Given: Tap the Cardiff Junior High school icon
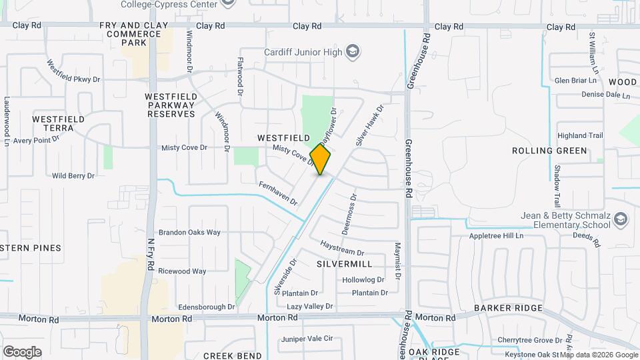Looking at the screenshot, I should pos(352,52).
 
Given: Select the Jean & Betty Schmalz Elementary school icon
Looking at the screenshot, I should pos(620,219).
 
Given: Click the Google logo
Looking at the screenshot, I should pos(22,351).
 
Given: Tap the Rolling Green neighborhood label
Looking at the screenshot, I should pos(549,151).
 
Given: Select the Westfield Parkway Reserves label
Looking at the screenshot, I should pos(171,105).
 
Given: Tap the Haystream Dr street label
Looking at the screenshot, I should pos(342,248).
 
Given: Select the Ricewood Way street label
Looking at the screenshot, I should pos(182,271).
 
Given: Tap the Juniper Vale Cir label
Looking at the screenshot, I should pos(307,339).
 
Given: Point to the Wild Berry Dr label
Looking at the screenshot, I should pos(73,176).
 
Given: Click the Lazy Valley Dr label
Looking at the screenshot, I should pos(309,306).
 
